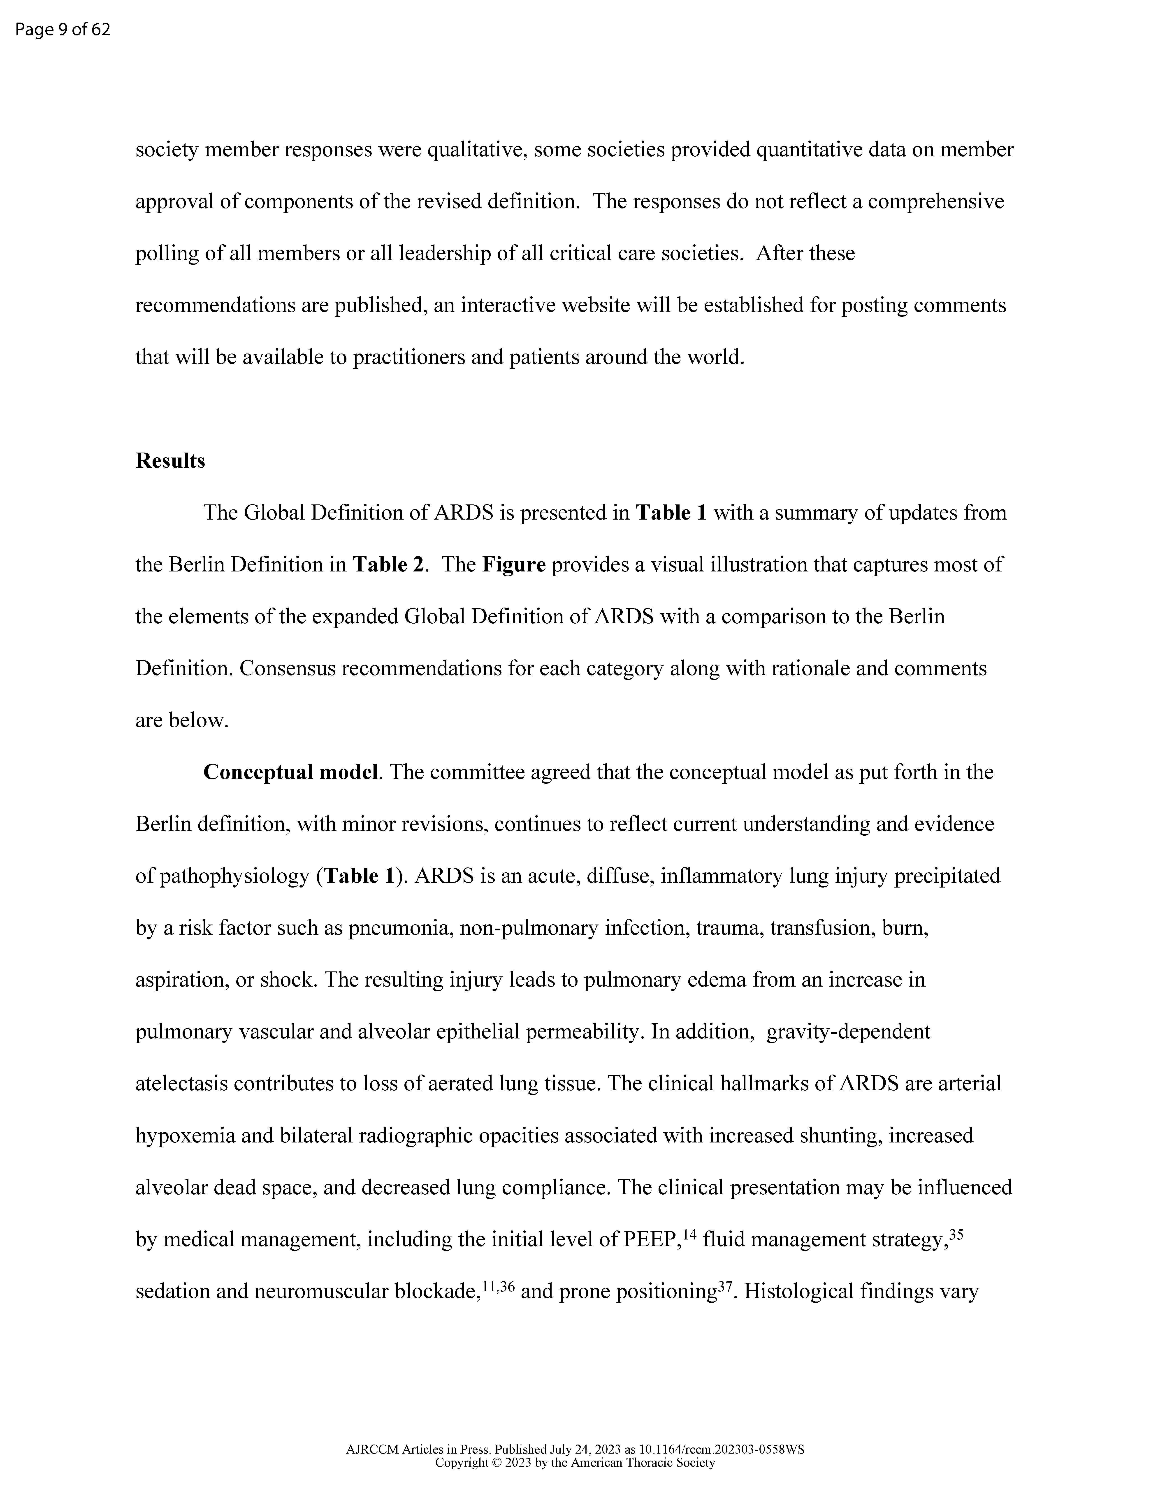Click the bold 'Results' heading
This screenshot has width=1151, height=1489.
170,461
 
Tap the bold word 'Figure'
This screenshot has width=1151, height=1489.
514,564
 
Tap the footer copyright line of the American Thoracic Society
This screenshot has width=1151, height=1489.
575,1462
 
